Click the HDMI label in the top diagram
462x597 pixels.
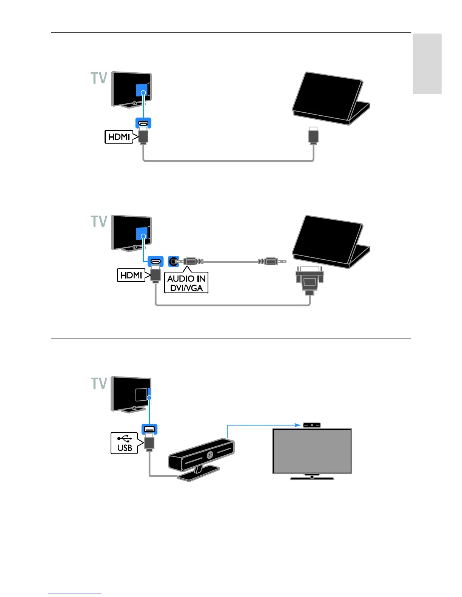pos(119,136)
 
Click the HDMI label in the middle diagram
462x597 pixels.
pos(131,275)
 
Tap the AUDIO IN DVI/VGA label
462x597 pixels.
pos(186,283)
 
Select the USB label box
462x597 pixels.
pos(125,443)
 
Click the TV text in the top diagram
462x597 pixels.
pos(99,78)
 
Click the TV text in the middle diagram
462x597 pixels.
pos(99,221)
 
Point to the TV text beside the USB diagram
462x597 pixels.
pos(99,383)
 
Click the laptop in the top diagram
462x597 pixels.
pos(331,98)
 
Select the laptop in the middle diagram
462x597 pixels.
pos(331,241)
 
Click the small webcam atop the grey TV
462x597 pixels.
pos(312,425)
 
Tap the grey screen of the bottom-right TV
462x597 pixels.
pos(312,451)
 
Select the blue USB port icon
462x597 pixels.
pos(149,429)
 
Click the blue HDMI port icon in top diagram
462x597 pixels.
pos(143,123)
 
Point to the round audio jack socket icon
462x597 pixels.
pos(174,261)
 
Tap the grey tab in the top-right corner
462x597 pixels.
pos(427,63)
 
